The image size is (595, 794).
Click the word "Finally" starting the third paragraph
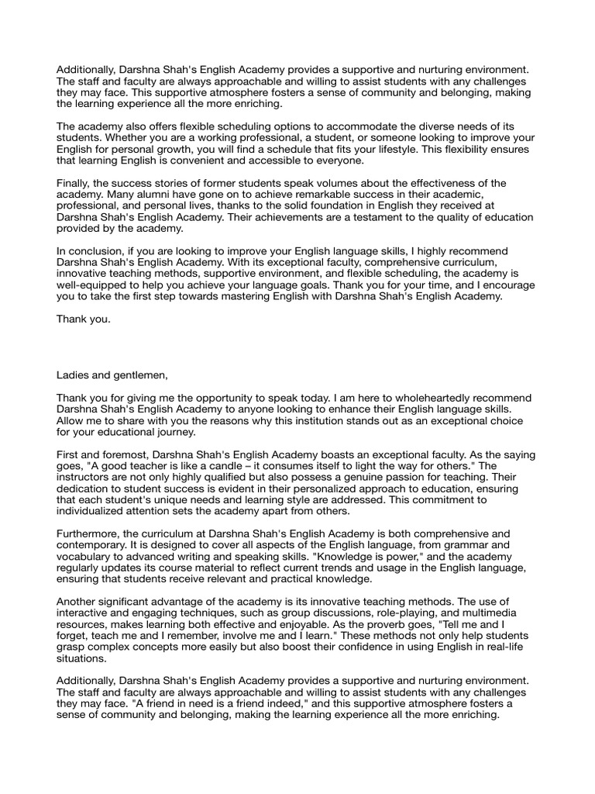tap(73, 183)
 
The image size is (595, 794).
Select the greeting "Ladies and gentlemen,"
tap(112, 375)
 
